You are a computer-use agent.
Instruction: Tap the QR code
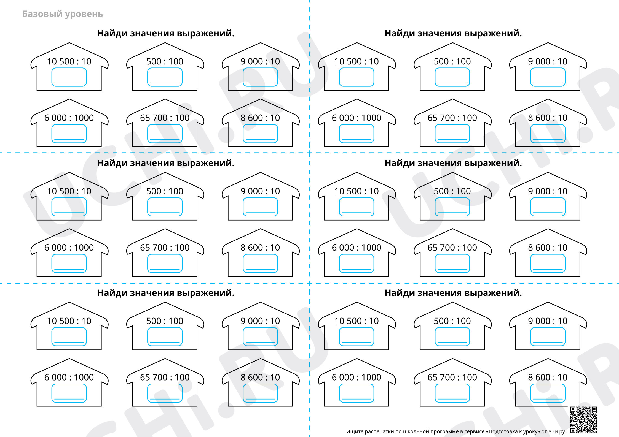click(x=583, y=420)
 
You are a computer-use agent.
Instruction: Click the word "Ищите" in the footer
click(x=355, y=431)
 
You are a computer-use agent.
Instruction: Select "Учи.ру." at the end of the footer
click(x=557, y=431)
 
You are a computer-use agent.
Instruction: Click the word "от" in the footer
click(x=544, y=431)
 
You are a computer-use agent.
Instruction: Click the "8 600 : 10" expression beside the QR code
click(x=548, y=377)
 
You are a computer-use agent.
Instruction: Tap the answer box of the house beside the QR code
click(x=548, y=393)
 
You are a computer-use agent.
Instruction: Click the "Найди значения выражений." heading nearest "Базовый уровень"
click(x=166, y=33)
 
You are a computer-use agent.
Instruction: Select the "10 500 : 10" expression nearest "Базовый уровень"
click(x=69, y=61)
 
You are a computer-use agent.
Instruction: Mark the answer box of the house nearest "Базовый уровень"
click(x=69, y=77)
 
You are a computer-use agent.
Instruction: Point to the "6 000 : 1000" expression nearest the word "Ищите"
click(x=357, y=377)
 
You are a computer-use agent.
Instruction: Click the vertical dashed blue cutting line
click(x=309, y=218)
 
